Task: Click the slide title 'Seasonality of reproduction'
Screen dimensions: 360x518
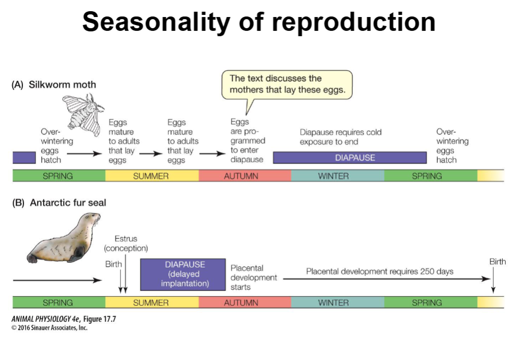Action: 259,22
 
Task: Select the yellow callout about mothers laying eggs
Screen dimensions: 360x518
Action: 287,84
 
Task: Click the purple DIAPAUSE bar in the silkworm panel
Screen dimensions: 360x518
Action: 350,158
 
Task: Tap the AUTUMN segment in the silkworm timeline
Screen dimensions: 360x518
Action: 244,176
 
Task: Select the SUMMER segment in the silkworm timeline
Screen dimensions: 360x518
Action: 151,176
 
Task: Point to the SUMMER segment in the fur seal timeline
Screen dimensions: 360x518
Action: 151,303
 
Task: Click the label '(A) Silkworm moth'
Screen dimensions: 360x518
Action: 54,84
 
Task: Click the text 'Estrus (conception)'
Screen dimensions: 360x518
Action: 126,244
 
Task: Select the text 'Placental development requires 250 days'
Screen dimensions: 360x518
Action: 379,271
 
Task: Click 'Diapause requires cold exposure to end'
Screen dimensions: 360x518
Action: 341,136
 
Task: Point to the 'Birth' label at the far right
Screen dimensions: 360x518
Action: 497,261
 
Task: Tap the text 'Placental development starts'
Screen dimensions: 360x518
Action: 253,278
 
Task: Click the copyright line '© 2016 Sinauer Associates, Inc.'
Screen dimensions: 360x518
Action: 49,328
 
